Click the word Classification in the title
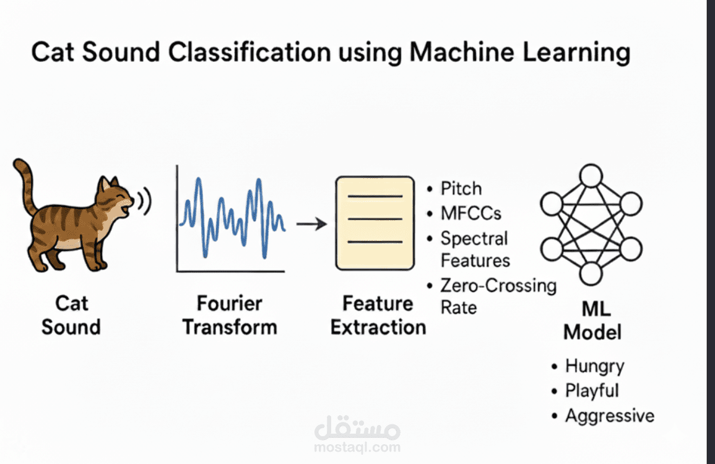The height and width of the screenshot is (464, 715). click(235, 53)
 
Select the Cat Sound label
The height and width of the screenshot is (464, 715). click(71, 315)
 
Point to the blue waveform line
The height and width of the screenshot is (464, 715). click(232, 217)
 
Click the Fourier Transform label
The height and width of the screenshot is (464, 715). click(230, 315)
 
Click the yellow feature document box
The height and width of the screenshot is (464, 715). click(374, 223)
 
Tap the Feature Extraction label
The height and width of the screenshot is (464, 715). click(378, 315)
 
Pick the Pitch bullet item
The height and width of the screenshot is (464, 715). click(461, 189)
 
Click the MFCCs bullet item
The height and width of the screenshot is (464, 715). click(470, 214)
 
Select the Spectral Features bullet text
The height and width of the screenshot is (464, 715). click(475, 249)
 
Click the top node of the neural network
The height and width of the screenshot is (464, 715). click(591, 176)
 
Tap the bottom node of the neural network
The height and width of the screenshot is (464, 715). click(591, 273)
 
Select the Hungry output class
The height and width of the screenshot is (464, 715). click(594, 366)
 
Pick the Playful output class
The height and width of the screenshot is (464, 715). click(592, 391)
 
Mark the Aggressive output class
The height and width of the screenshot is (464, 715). click(609, 416)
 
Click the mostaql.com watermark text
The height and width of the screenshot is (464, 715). click(357, 447)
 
